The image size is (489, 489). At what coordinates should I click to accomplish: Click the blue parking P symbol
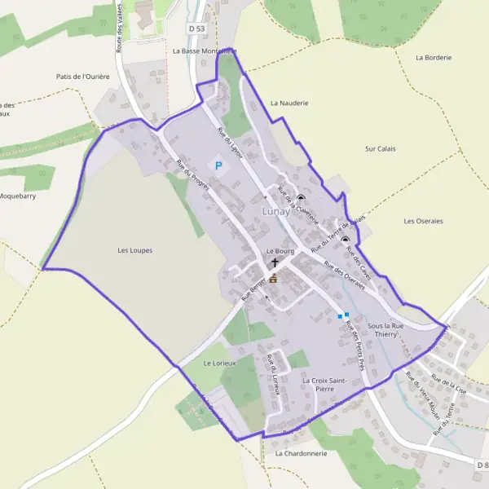click(x=218, y=165)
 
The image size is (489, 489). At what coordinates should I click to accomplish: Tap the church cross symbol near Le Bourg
click(x=274, y=263)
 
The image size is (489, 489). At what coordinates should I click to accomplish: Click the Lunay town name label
click(x=275, y=211)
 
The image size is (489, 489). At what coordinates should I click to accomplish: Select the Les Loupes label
click(x=134, y=250)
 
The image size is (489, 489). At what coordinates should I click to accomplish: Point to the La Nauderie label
click(x=289, y=104)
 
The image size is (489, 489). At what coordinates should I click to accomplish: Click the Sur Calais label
click(x=381, y=149)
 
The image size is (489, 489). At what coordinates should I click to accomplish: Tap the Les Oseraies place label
click(x=423, y=221)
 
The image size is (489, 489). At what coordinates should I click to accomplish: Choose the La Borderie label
click(x=433, y=58)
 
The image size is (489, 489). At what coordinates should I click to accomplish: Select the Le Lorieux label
click(x=218, y=362)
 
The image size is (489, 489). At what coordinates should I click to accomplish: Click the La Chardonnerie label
click(x=300, y=453)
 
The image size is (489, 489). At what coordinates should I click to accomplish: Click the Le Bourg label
click(x=280, y=251)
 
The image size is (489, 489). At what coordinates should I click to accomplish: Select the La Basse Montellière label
click(x=204, y=51)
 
